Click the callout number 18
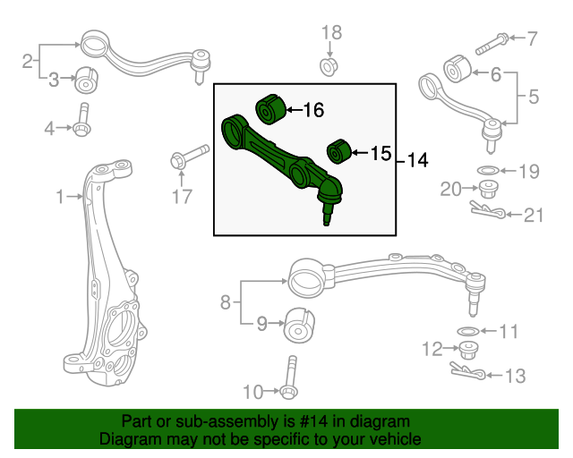coord(331,33)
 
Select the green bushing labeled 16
coord(270,108)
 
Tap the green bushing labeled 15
coord(337,151)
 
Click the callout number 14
coord(417,161)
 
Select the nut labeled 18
coord(329,66)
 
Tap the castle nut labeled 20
coord(489,189)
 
